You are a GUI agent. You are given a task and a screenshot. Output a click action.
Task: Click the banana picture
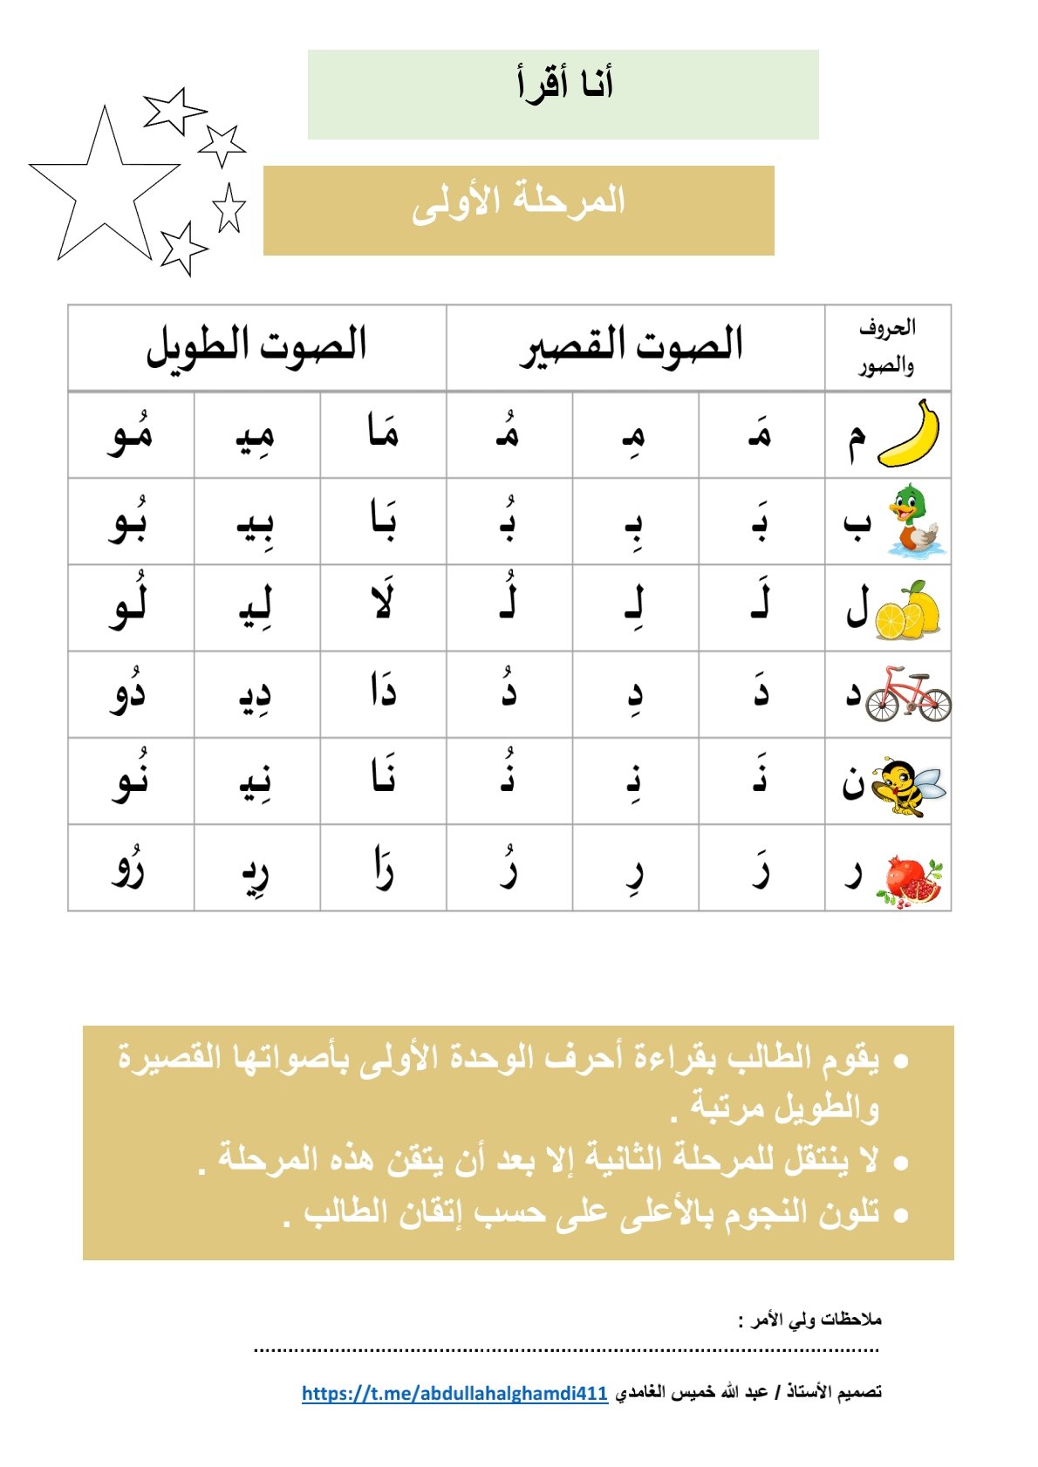tap(909, 433)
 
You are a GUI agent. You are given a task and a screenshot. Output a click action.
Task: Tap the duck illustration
tap(914, 522)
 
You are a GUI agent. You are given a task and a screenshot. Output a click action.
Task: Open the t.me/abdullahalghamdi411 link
tap(454, 1393)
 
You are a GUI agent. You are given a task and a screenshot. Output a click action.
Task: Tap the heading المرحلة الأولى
tap(519, 202)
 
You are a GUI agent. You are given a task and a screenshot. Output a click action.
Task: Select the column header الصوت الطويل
tap(256, 345)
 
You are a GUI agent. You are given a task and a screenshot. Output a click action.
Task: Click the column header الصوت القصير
tap(633, 345)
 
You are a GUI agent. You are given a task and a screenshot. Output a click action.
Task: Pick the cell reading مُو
tap(131, 434)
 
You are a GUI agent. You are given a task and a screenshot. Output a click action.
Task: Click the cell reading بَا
tap(383, 522)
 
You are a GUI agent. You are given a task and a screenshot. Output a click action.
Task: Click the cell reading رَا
tap(383, 868)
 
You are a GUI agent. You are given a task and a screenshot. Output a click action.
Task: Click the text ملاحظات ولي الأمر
tap(811, 1320)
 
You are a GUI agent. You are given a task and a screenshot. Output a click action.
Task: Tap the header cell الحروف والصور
tap(886, 347)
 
